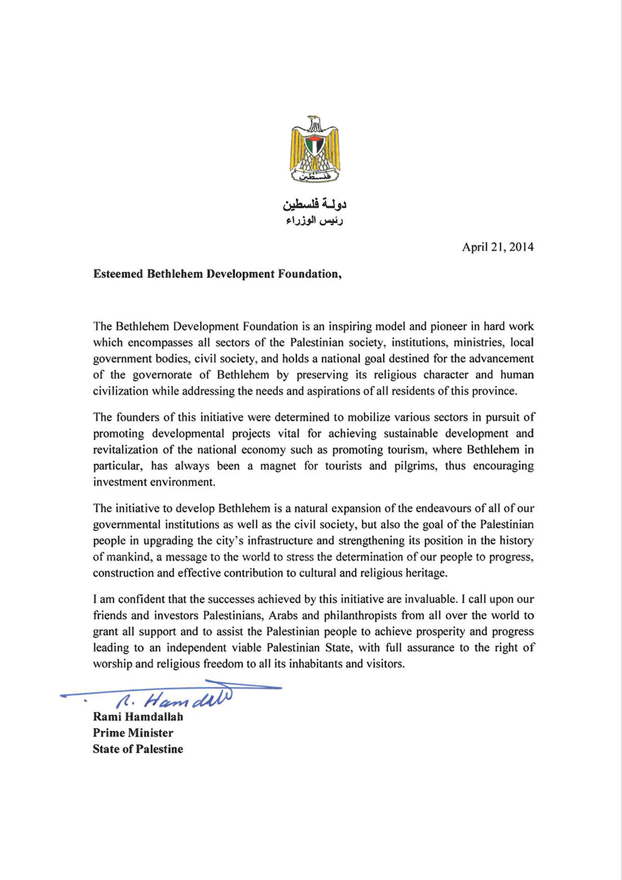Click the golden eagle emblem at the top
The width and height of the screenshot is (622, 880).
315,149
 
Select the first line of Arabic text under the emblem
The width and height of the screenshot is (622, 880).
315,204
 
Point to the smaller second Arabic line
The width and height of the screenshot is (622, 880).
315,221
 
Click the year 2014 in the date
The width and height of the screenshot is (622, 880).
521,247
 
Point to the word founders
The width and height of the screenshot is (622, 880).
136,417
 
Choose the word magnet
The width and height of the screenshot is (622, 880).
278,466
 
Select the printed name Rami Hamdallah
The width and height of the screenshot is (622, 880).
138,717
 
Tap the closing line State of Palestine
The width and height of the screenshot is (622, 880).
138,749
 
